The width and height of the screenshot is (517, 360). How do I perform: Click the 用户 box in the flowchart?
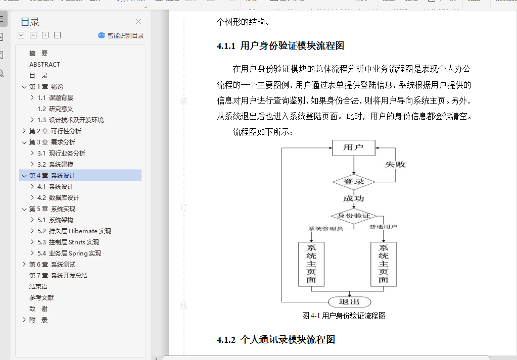(354, 148)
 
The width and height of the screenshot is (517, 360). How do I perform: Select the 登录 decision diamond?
(354, 182)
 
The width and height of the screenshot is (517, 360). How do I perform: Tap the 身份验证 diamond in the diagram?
(354, 216)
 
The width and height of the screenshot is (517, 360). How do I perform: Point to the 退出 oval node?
(349, 302)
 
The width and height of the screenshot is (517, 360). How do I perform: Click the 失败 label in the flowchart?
(395, 165)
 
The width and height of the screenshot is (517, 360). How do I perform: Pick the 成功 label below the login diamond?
(354, 199)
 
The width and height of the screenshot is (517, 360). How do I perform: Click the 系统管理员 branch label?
(325, 228)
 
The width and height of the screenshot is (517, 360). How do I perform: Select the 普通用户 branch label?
(383, 227)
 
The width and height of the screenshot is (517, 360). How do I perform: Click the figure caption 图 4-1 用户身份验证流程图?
(344, 316)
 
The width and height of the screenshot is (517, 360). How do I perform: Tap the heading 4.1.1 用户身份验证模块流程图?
(280, 46)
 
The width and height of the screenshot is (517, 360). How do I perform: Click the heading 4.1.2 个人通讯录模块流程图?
(276, 339)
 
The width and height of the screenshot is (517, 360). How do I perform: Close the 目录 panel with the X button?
(139, 21)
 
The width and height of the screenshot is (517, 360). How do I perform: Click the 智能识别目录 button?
(121, 35)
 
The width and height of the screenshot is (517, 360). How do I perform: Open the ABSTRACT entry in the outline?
(44, 64)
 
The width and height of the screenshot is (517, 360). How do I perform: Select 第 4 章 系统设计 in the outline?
(52, 175)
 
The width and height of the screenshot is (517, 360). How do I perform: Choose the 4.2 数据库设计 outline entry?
(58, 197)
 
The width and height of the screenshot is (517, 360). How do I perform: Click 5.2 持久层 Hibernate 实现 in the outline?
(74, 231)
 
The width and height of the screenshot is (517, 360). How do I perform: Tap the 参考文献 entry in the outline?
(41, 297)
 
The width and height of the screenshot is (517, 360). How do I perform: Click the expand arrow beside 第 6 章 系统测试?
(24, 264)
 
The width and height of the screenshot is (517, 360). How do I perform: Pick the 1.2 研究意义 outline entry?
(55, 109)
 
